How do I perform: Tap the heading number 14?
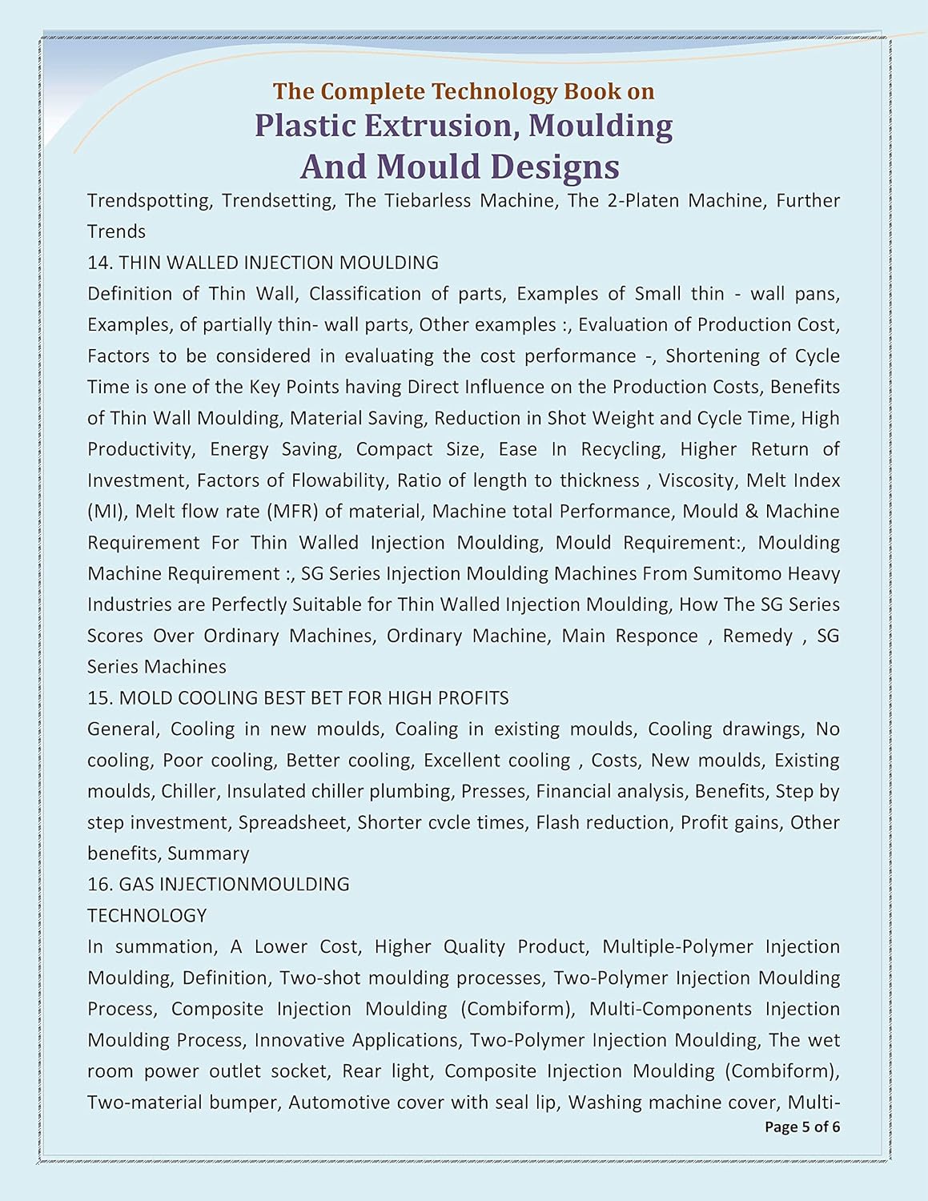point(99,263)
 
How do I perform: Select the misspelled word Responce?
point(657,636)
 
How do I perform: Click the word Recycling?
point(622,449)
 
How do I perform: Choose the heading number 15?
point(99,698)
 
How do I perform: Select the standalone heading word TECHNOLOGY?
point(147,916)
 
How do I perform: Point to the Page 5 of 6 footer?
point(802,1127)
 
